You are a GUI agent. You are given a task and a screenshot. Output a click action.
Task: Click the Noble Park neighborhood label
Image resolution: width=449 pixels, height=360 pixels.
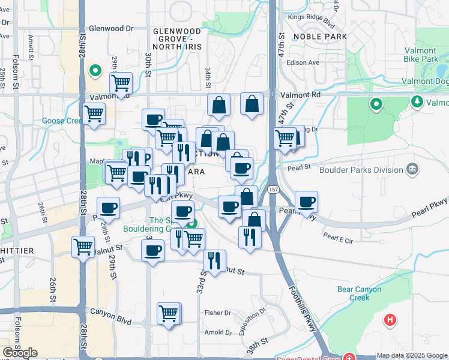[321, 37]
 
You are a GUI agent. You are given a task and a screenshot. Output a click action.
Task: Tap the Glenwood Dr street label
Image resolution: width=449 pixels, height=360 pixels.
[111, 28]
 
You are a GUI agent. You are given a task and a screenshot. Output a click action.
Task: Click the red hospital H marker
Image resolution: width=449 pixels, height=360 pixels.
[390, 320]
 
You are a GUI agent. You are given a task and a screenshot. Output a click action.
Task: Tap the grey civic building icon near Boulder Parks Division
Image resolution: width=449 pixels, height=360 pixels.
[412, 169]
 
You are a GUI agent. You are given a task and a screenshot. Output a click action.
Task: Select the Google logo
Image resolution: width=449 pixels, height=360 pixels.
[20, 352]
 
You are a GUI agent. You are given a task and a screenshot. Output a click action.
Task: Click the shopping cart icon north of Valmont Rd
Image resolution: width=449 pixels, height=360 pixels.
[121, 83]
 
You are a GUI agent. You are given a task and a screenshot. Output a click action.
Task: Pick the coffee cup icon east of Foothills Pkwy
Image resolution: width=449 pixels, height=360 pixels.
[306, 202]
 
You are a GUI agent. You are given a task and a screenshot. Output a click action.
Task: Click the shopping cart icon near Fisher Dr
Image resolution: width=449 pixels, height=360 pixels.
[169, 313]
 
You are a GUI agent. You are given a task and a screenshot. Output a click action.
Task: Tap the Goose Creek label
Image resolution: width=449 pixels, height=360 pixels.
[61, 121]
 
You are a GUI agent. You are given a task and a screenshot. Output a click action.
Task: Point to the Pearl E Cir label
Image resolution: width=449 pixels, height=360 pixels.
[338, 237]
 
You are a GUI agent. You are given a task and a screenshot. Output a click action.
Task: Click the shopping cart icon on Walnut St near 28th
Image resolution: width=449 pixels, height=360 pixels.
[83, 246]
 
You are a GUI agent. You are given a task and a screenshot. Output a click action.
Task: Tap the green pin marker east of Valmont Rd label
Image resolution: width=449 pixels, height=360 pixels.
[376, 104]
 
